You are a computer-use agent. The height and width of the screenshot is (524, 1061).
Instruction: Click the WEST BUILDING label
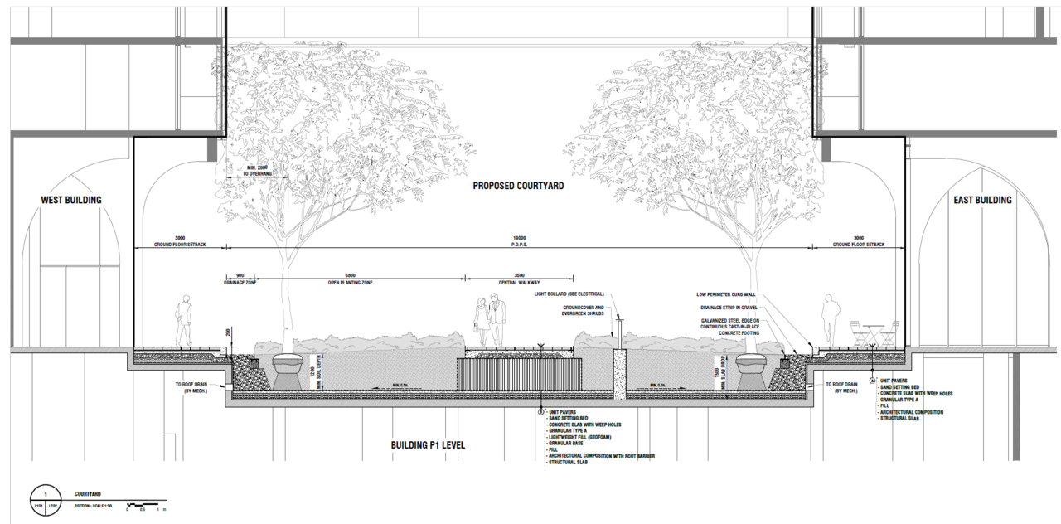[71, 200]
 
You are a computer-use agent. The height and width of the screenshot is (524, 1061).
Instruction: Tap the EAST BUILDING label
[981, 200]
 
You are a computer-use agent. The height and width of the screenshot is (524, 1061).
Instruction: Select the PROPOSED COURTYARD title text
[518, 186]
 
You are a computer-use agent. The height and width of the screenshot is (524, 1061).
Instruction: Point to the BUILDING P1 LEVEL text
[428, 445]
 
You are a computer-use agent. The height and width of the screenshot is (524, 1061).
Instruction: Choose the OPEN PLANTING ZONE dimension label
[350, 283]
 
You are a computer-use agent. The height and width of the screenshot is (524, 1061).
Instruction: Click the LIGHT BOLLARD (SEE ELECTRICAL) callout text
[569, 294]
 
